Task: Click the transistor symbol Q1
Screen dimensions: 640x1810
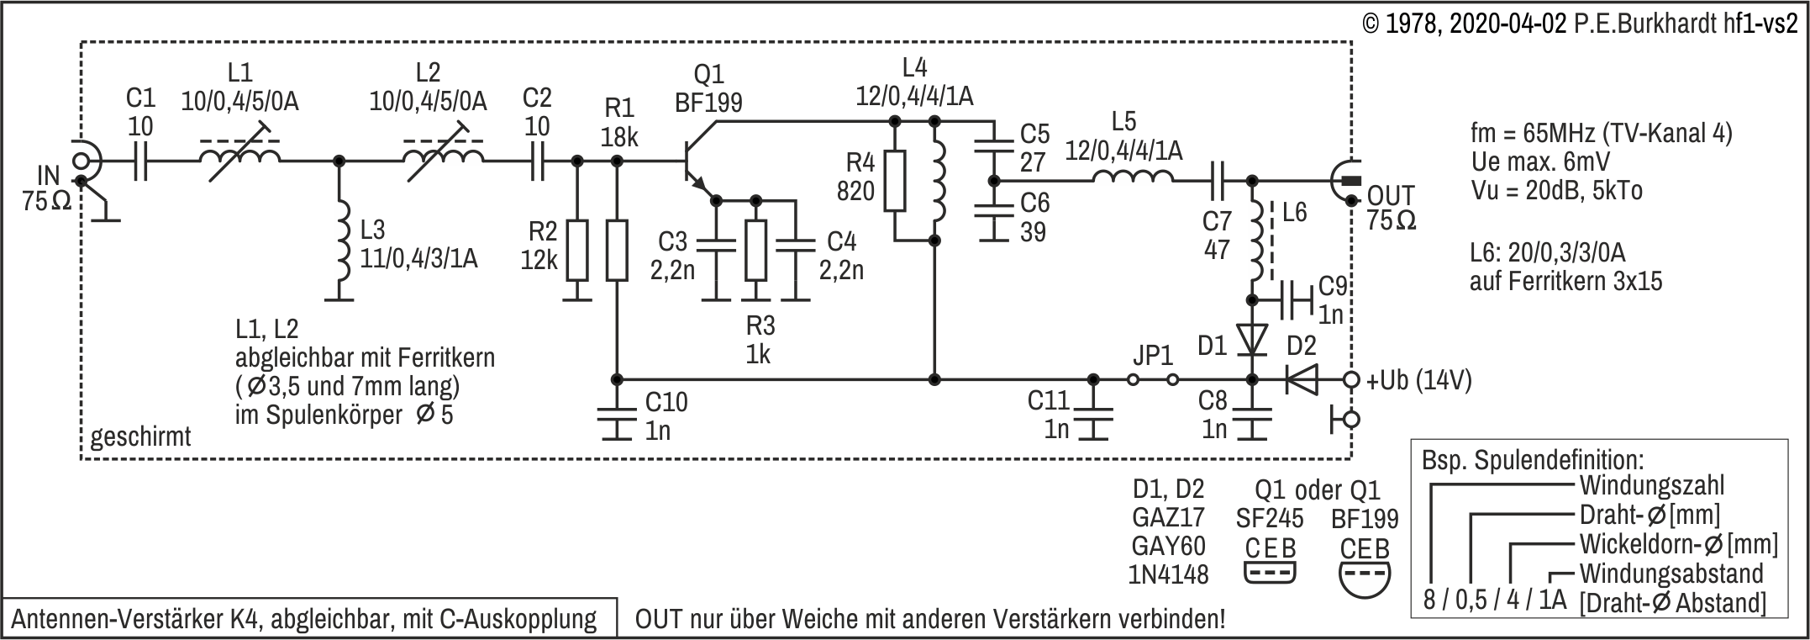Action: (699, 160)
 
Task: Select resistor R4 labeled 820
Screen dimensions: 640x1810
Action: (895, 180)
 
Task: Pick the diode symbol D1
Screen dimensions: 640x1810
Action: (1252, 340)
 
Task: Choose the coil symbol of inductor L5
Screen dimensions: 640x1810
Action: (1133, 178)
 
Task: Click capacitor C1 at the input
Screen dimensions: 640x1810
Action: (140, 160)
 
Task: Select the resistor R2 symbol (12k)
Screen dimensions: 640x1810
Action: (577, 250)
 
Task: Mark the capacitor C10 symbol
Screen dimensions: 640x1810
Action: (618, 418)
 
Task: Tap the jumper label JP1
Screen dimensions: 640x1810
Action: (1153, 357)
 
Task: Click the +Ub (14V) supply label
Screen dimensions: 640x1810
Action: (1418, 381)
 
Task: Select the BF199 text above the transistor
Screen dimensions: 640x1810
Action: (708, 103)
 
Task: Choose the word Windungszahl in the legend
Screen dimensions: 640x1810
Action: (1651, 486)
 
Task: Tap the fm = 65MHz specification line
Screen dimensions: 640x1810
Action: (1601, 134)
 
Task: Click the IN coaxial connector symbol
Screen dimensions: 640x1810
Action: (83, 161)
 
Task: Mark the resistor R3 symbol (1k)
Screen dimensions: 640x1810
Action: (756, 251)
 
